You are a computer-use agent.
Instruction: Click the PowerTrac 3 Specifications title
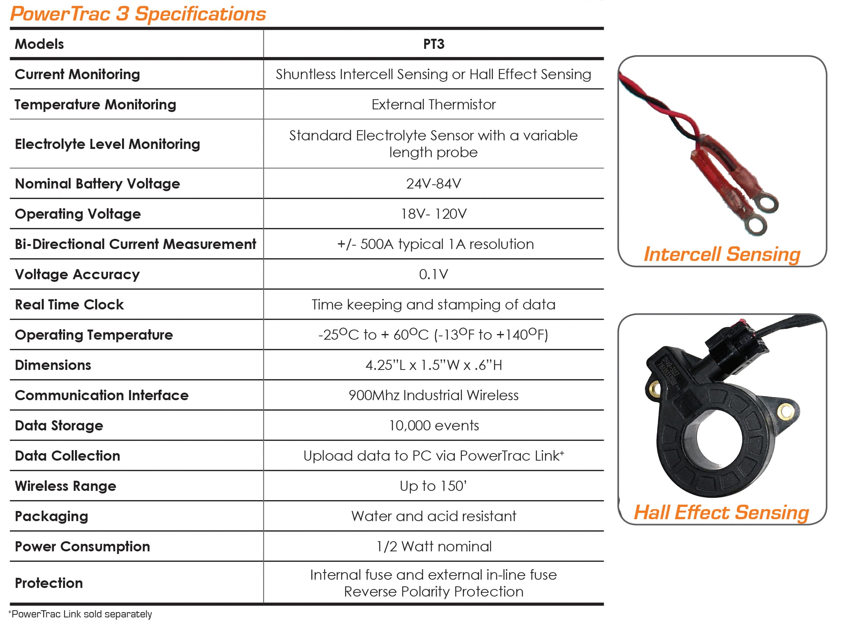[x=138, y=14]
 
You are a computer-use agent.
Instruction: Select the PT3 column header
[x=434, y=44]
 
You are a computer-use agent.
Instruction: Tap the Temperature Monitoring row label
[x=95, y=105]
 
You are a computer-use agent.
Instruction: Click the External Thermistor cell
[x=434, y=105]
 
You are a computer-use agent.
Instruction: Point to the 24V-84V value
[x=434, y=184]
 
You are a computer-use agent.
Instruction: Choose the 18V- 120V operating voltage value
[x=434, y=214]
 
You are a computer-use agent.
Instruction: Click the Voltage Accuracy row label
[x=77, y=274]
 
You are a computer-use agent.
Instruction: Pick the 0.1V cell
[x=434, y=274]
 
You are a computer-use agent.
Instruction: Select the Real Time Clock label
[x=69, y=305]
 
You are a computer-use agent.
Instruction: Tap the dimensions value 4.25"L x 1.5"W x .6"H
[x=434, y=365]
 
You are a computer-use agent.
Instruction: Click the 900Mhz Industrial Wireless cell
[x=434, y=395]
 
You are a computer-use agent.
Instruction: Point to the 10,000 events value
[x=434, y=426]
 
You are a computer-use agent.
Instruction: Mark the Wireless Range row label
[x=65, y=486]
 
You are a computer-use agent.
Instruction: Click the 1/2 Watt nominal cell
[x=434, y=547]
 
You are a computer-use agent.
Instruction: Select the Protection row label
[x=49, y=583]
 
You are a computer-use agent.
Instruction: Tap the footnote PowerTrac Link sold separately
[x=80, y=614]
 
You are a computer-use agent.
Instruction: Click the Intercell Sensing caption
[x=722, y=255]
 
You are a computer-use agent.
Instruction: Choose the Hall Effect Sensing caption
[x=721, y=513]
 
